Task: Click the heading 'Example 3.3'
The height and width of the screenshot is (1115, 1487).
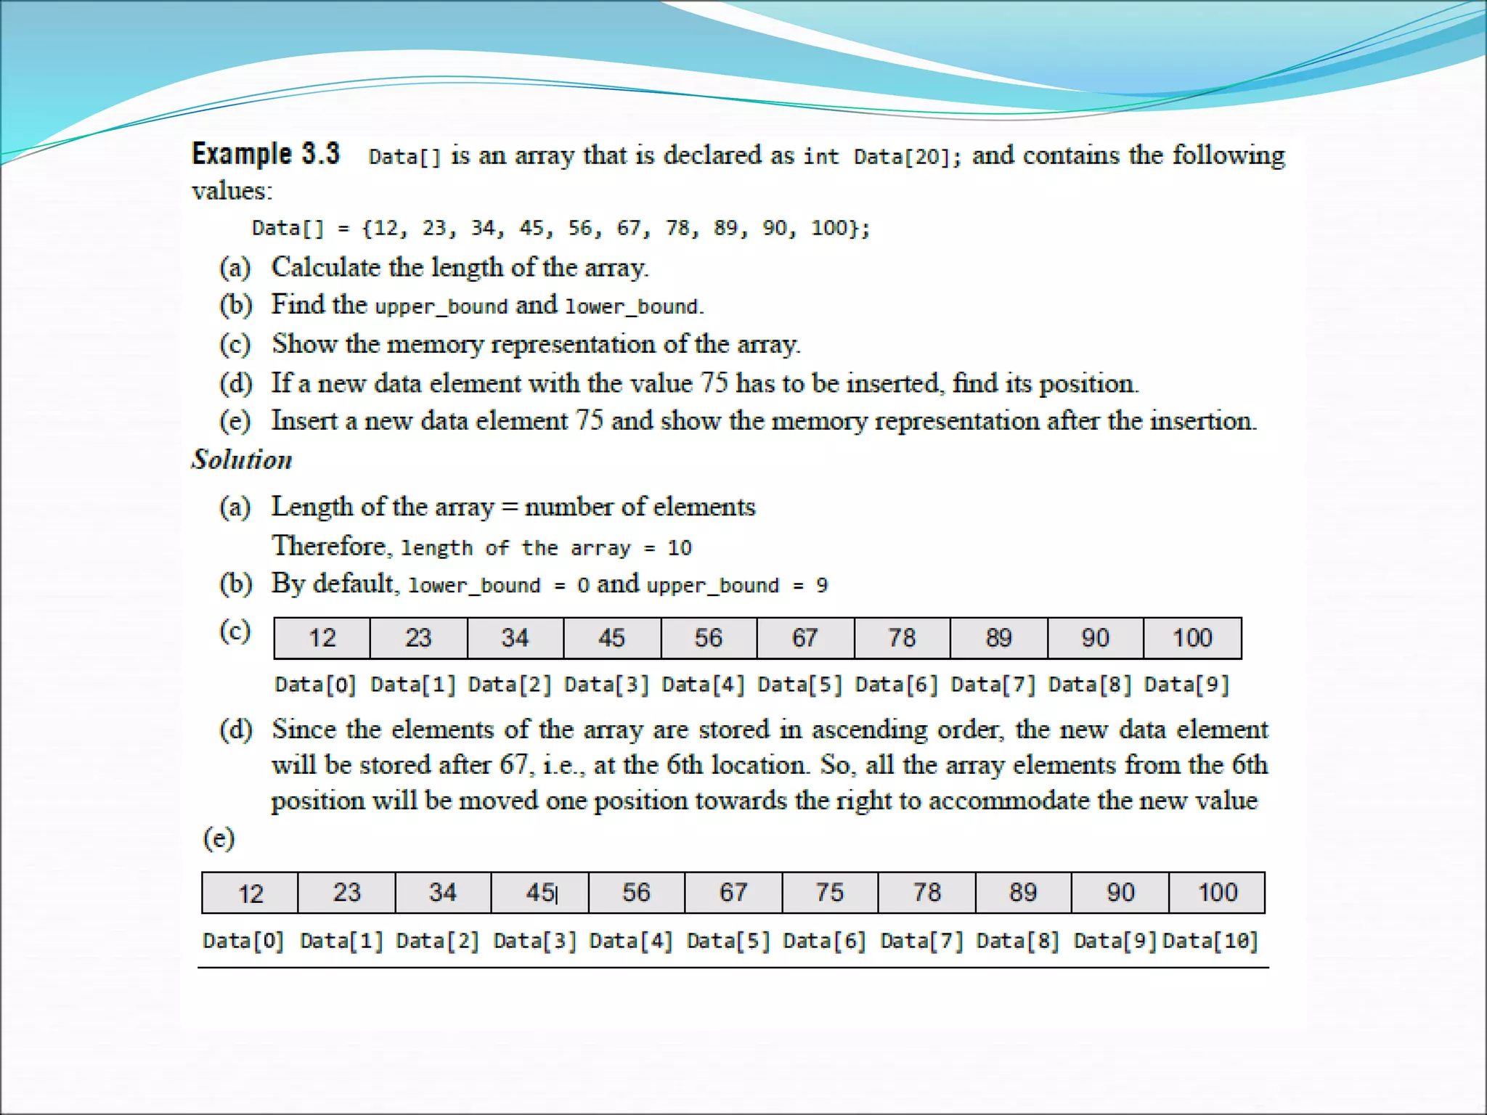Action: click(x=265, y=154)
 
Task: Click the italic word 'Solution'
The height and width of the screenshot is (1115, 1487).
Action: click(x=242, y=460)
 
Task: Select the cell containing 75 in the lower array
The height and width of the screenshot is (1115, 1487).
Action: click(x=830, y=892)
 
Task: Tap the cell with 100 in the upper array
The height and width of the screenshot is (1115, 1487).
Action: click(x=1192, y=638)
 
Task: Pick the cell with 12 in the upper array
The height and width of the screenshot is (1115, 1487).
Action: click(x=322, y=638)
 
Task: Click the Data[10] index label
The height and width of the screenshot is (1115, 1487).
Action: click(x=1210, y=941)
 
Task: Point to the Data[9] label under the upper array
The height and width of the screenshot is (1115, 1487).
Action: click(x=1186, y=685)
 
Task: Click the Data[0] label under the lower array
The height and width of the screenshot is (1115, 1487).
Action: click(x=243, y=941)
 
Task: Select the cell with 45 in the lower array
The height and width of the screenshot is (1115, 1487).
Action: click(x=540, y=892)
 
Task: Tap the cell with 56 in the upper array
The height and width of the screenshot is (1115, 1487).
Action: click(x=709, y=638)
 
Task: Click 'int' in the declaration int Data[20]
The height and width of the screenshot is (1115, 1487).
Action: click(x=821, y=157)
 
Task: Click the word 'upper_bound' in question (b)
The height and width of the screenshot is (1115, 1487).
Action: click(x=441, y=306)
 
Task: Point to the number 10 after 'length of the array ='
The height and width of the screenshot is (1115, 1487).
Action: click(x=680, y=548)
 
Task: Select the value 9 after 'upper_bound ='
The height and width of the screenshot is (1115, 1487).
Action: click(x=821, y=586)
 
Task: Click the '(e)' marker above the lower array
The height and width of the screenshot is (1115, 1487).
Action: click(x=219, y=838)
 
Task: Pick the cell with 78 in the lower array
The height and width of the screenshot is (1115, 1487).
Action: click(x=927, y=892)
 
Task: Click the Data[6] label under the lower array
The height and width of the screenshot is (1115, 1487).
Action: click(x=825, y=941)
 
